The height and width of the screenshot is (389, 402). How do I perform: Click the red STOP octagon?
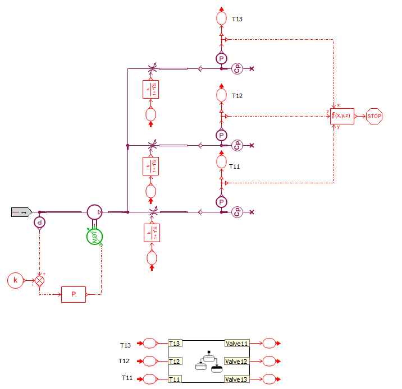tap(374, 117)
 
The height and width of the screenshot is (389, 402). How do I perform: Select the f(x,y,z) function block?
tap(342, 116)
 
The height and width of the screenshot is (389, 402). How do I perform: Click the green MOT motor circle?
tap(94, 236)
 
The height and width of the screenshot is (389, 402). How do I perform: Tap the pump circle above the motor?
tap(95, 212)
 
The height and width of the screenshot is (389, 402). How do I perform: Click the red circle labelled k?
tap(16, 279)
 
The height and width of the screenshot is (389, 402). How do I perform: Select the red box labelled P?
tap(74, 293)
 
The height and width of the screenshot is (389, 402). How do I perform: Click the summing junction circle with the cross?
tap(40, 280)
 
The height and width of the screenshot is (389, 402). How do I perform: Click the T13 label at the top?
tap(237, 19)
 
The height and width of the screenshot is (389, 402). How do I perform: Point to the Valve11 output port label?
tap(237, 343)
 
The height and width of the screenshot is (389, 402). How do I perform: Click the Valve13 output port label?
tap(237, 379)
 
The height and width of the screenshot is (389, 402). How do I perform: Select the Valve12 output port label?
tap(237, 361)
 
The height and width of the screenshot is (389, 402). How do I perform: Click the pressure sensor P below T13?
tap(221, 58)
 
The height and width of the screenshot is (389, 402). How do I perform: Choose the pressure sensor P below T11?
tap(221, 202)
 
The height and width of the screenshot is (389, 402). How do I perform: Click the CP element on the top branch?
tap(237, 68)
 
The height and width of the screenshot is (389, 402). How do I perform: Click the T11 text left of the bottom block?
tap(127, 379)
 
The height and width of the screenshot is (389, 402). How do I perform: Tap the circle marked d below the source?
tap(39, 223)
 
